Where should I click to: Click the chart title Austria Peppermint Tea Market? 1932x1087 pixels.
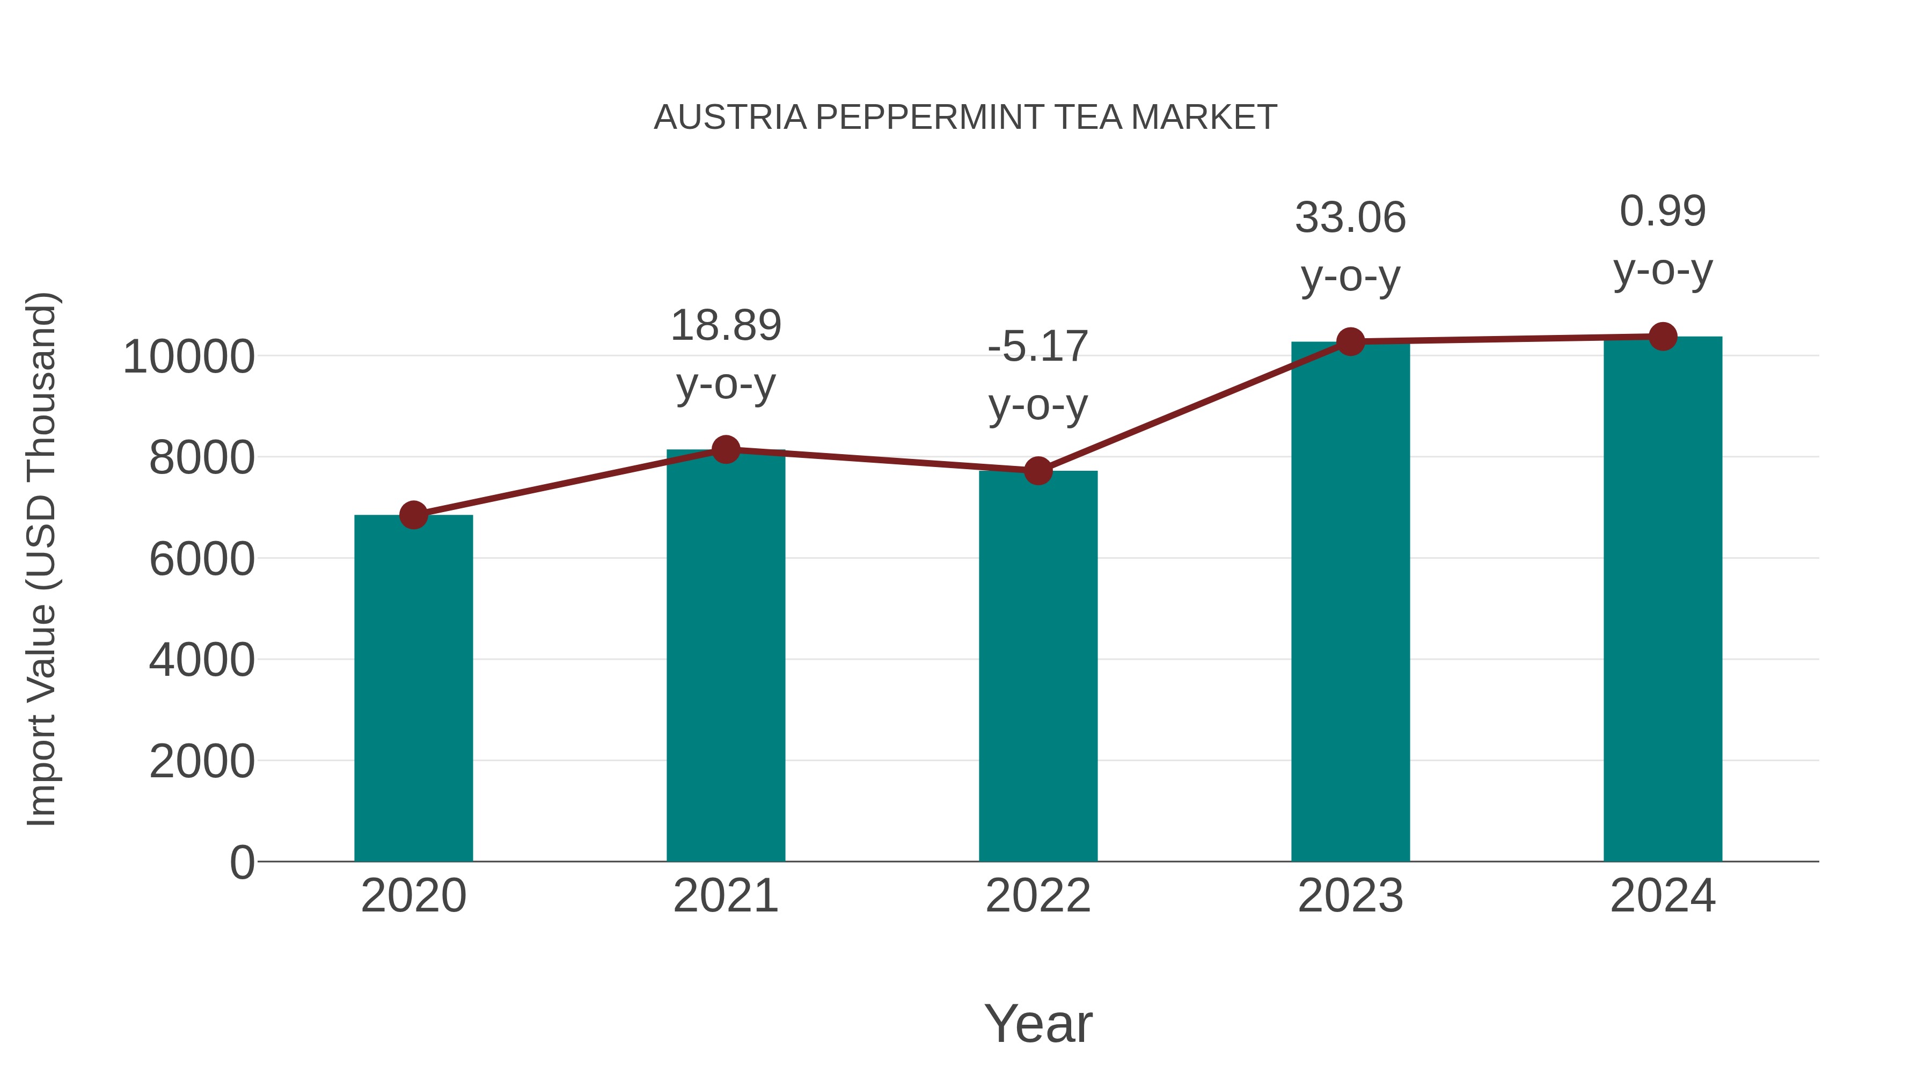[965, 118]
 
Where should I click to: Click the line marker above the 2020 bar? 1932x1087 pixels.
[413, 515]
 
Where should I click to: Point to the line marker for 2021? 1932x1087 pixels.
[725, 450]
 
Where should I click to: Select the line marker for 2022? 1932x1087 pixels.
[1038, 471]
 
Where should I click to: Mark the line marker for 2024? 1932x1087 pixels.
[1663, 337]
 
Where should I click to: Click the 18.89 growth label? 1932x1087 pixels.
[725, 326]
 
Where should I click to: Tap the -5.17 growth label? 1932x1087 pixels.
[1038, 347]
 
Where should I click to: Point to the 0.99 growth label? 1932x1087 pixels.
[1663, 211]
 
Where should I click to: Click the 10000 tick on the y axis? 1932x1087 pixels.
[188, 357]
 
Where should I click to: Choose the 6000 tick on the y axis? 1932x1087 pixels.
[202, 560]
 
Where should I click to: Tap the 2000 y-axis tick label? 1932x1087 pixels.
[202, 762]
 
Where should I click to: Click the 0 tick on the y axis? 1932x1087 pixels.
[242, 863]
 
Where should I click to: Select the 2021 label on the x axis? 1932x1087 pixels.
[725, 896]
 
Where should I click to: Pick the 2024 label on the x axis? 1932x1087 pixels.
[1663, 896]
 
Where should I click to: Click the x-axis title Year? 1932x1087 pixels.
[1038, 1024]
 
